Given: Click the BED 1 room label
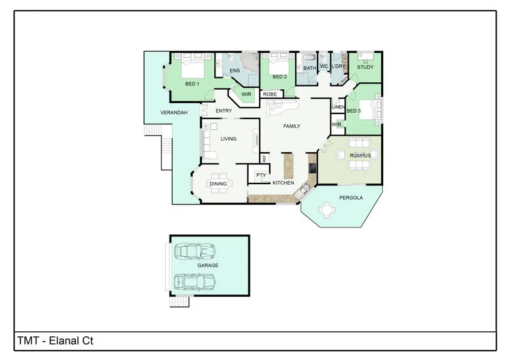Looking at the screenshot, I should point(192,83).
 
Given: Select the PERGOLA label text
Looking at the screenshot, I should point(351,198).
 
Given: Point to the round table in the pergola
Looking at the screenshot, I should point(328,209).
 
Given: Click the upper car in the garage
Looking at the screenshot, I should point(194,251).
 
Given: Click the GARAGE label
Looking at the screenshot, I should point(207,265).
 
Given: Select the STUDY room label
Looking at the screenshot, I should point(365,67).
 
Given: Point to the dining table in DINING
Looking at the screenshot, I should point(218,184).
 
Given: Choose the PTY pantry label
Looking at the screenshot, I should point(261,175).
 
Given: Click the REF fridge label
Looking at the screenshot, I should point(264,158).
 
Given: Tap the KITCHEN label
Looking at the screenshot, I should point(283,183).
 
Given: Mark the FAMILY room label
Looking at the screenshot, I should point(291,126).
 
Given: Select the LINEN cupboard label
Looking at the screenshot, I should point(338,107).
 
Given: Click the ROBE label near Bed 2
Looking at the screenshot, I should point(270,94).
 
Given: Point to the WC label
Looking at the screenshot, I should point(324,66).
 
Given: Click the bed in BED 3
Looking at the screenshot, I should point(368,110).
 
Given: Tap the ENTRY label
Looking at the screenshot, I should point(224,111).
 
